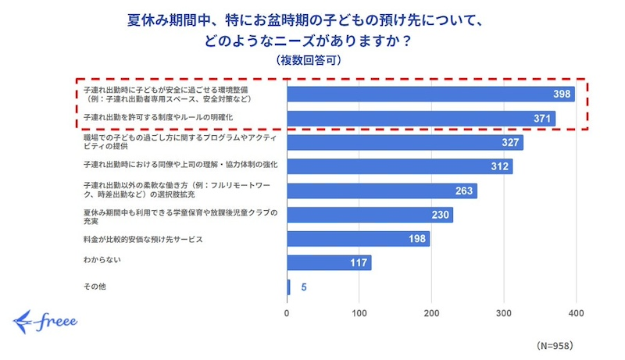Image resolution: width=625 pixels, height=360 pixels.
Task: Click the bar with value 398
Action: pos(430,94)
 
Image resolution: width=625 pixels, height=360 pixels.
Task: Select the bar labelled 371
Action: pos(421,119)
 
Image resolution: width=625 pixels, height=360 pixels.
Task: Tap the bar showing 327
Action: pos(405,143)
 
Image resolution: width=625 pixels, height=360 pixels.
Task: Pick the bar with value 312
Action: pos(400,166)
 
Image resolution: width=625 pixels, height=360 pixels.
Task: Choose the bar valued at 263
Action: pos(382,191)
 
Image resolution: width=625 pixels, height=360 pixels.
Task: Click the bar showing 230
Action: pos(370,215)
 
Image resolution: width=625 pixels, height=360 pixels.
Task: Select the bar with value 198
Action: pos(359,238)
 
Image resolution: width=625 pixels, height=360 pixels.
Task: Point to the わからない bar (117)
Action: pos(329,262)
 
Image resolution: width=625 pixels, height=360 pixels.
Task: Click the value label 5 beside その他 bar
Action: pos(304,287)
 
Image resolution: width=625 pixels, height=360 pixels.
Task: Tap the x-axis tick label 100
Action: pos(359,314)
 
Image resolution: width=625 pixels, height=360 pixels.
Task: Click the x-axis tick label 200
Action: pos(432,314)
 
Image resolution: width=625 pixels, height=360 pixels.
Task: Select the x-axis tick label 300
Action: pos(504,314)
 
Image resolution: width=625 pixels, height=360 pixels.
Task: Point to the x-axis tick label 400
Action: pos(576,314)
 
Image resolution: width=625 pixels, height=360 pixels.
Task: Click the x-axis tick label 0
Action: pos(287,314)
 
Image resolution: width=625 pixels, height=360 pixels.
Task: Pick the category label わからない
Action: pos(102,258)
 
